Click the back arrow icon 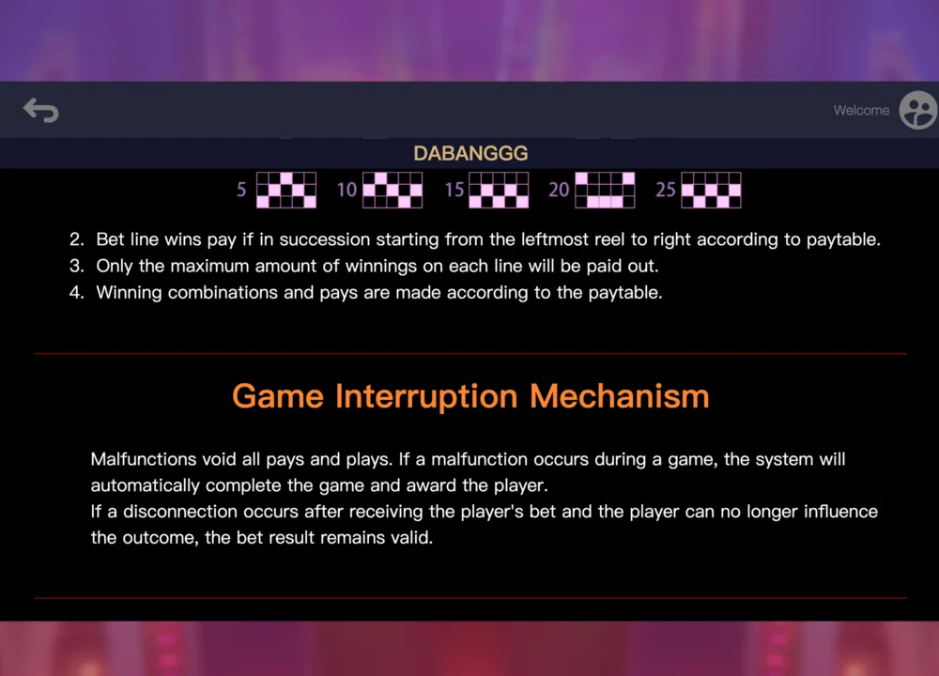(x=40, y=110)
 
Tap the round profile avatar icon (x=918, y=110)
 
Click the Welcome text (x=861, y=110)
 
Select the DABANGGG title (x=470, y=153)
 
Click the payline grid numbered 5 (x=286, y=190)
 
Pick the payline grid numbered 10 (x=393, y=190)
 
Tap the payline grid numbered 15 (x=499, y=190)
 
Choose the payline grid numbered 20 (x=605, y=190)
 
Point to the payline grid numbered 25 (x=712, y=190)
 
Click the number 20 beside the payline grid (x=559, y=190)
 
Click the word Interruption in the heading (x=426, y=396)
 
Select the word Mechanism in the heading (x=620, y=396)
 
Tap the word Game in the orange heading (x=278, y=396)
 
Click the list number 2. (x=76, y=239)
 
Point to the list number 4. (x=76, y=292)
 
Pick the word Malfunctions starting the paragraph (x=143, y=459)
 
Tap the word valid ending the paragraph (x=412, y=538)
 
